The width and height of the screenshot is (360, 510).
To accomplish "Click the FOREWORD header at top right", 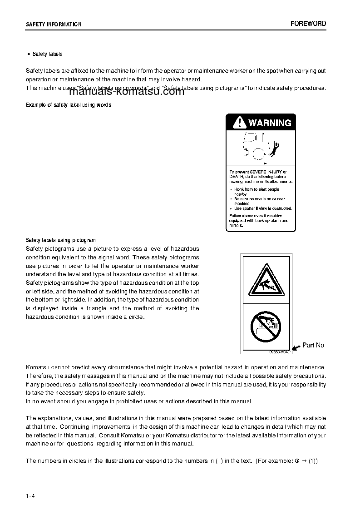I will click(x=308, y=24).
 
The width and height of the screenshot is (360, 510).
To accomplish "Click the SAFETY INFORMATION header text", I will click(x=54, y=25).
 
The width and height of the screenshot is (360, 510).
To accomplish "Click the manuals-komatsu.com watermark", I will click(x=127, y=92).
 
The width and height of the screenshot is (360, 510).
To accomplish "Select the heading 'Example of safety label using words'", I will click(x=69, y=105).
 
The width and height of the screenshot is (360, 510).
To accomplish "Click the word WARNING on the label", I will click(x=270, y=123).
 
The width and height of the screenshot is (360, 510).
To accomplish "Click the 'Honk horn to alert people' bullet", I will click(x=256, y=189).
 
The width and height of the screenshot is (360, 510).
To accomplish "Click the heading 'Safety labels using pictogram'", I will click(x=61, y=240).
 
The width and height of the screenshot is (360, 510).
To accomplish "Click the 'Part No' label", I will click(x=313, y=345).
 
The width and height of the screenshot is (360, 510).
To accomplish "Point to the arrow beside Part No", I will click(x=296, y=347).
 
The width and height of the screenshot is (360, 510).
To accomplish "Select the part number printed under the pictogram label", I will click(x=279, y=352).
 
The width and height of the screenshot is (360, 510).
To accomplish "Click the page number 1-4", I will click(x=30, y=495).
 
